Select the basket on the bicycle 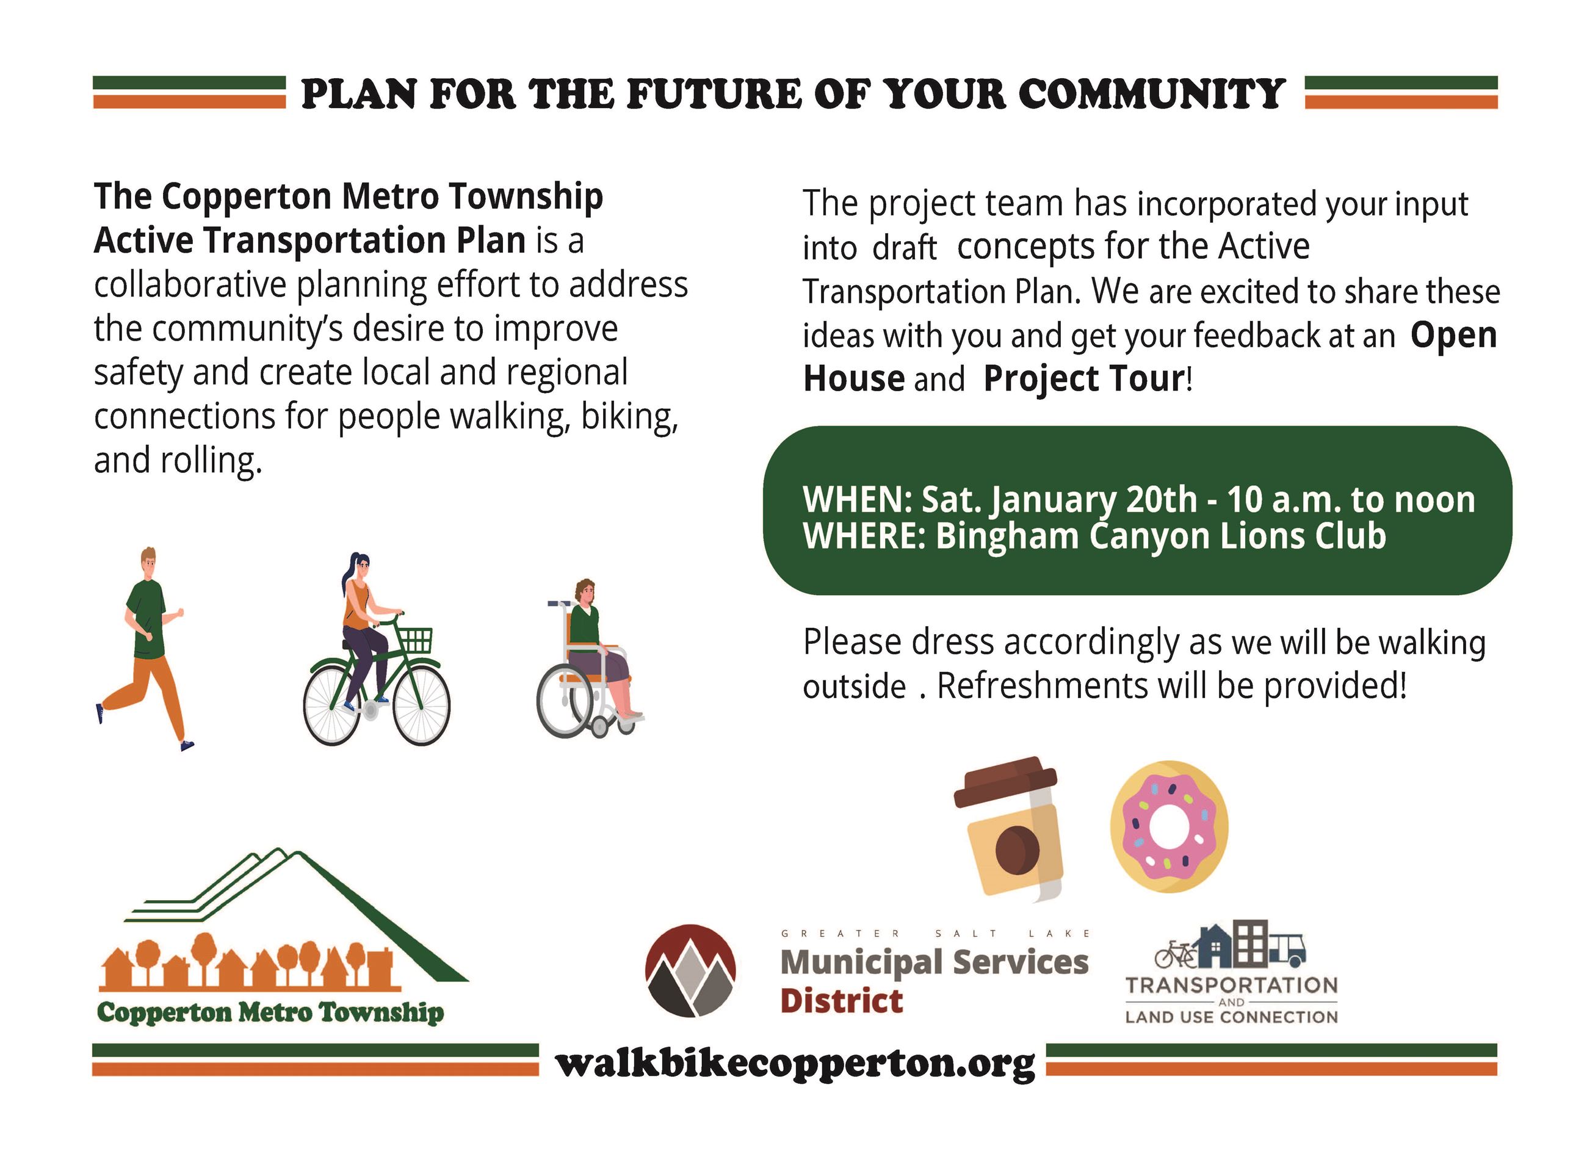(415, 640)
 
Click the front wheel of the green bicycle (421, 705)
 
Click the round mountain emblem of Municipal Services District (690, 970)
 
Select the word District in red (841, 1001)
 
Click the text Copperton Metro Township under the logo (270, 1012)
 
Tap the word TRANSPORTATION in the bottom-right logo (1231, 985)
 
